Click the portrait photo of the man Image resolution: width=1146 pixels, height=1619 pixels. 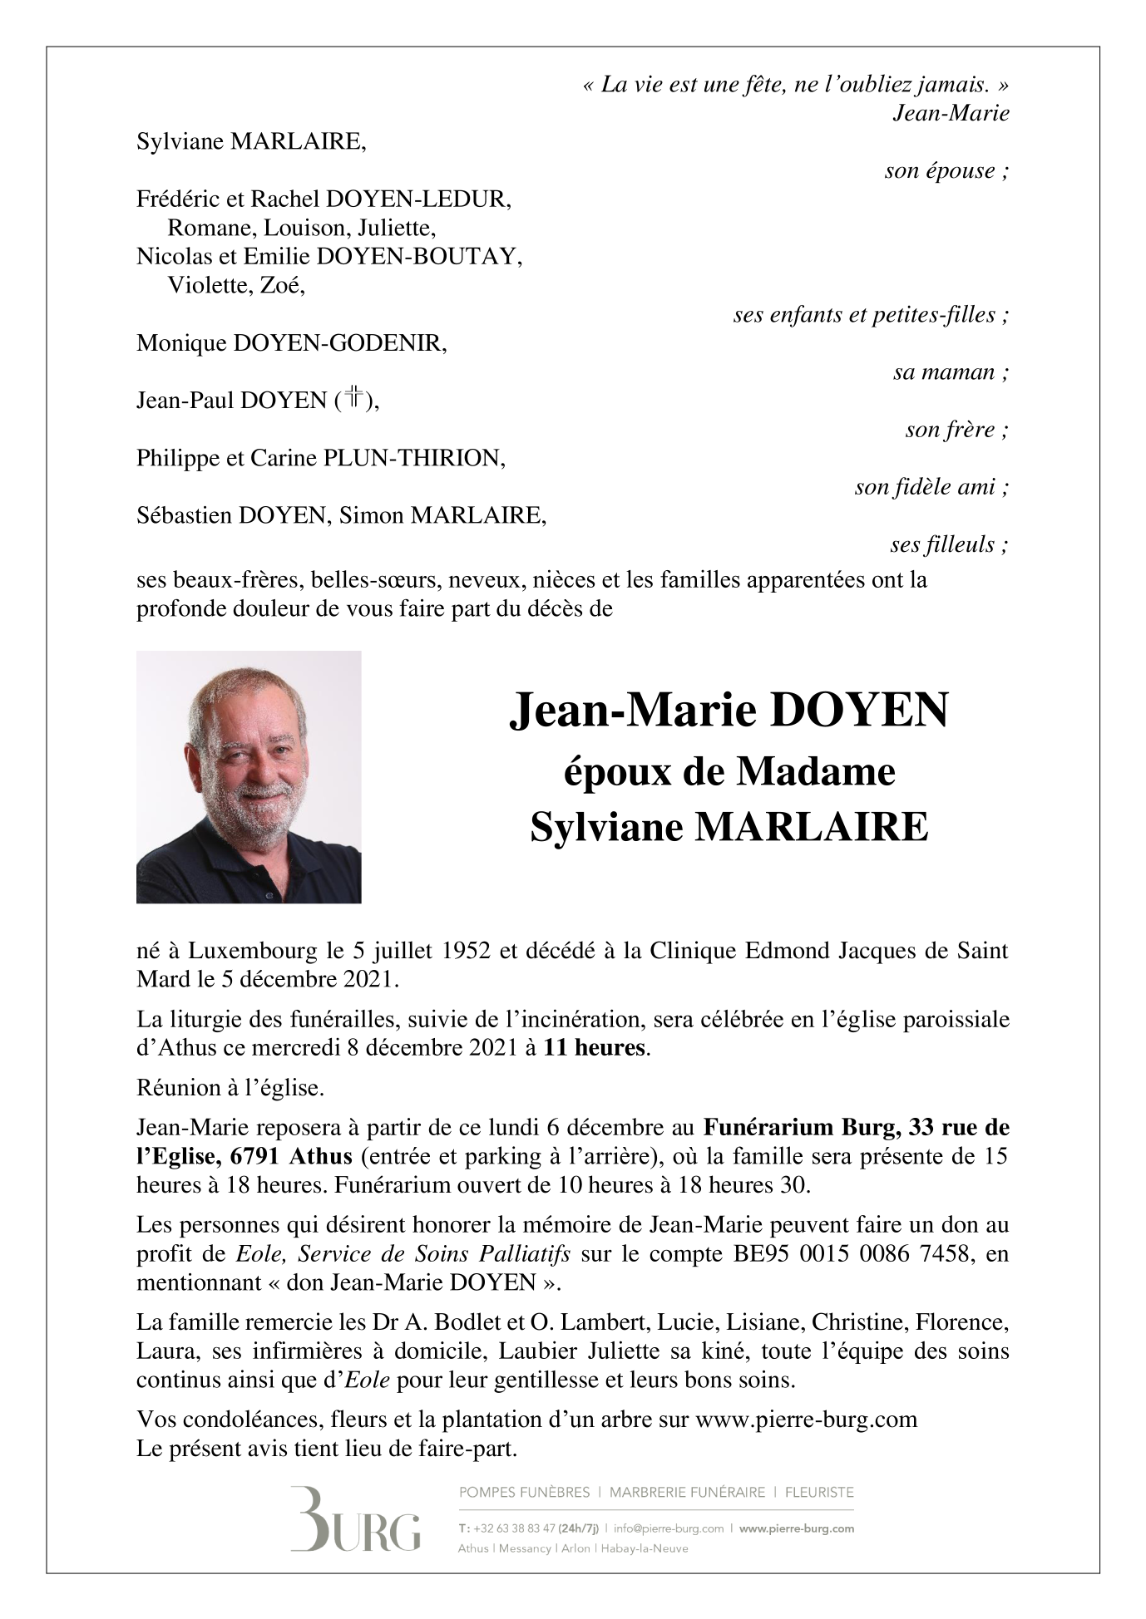pos(249,776)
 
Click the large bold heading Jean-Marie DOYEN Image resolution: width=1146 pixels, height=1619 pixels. pos(729,711)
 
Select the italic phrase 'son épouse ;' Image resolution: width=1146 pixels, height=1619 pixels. pos(946,171)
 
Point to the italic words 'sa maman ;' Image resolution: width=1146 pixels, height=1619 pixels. pos(951,372)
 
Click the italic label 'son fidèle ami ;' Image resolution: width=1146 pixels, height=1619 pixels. pos(931,487)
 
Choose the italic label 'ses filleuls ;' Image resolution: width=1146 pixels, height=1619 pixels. pos(949,545)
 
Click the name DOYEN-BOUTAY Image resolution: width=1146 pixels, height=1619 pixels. pos(419,257)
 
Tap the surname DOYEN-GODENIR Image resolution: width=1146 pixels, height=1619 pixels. pos(339,343)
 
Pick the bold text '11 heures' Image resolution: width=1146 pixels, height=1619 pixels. pos(594,1047)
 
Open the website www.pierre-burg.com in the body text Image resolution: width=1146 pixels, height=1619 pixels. pos(806,1419)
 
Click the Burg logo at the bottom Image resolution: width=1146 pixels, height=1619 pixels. pos(355,1518)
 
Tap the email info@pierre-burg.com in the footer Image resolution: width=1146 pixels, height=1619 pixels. pos(669,1528)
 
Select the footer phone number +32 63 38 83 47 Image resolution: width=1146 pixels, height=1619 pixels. pos(514,1528)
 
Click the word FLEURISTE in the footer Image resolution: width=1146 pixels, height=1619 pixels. pos(819,1492)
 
